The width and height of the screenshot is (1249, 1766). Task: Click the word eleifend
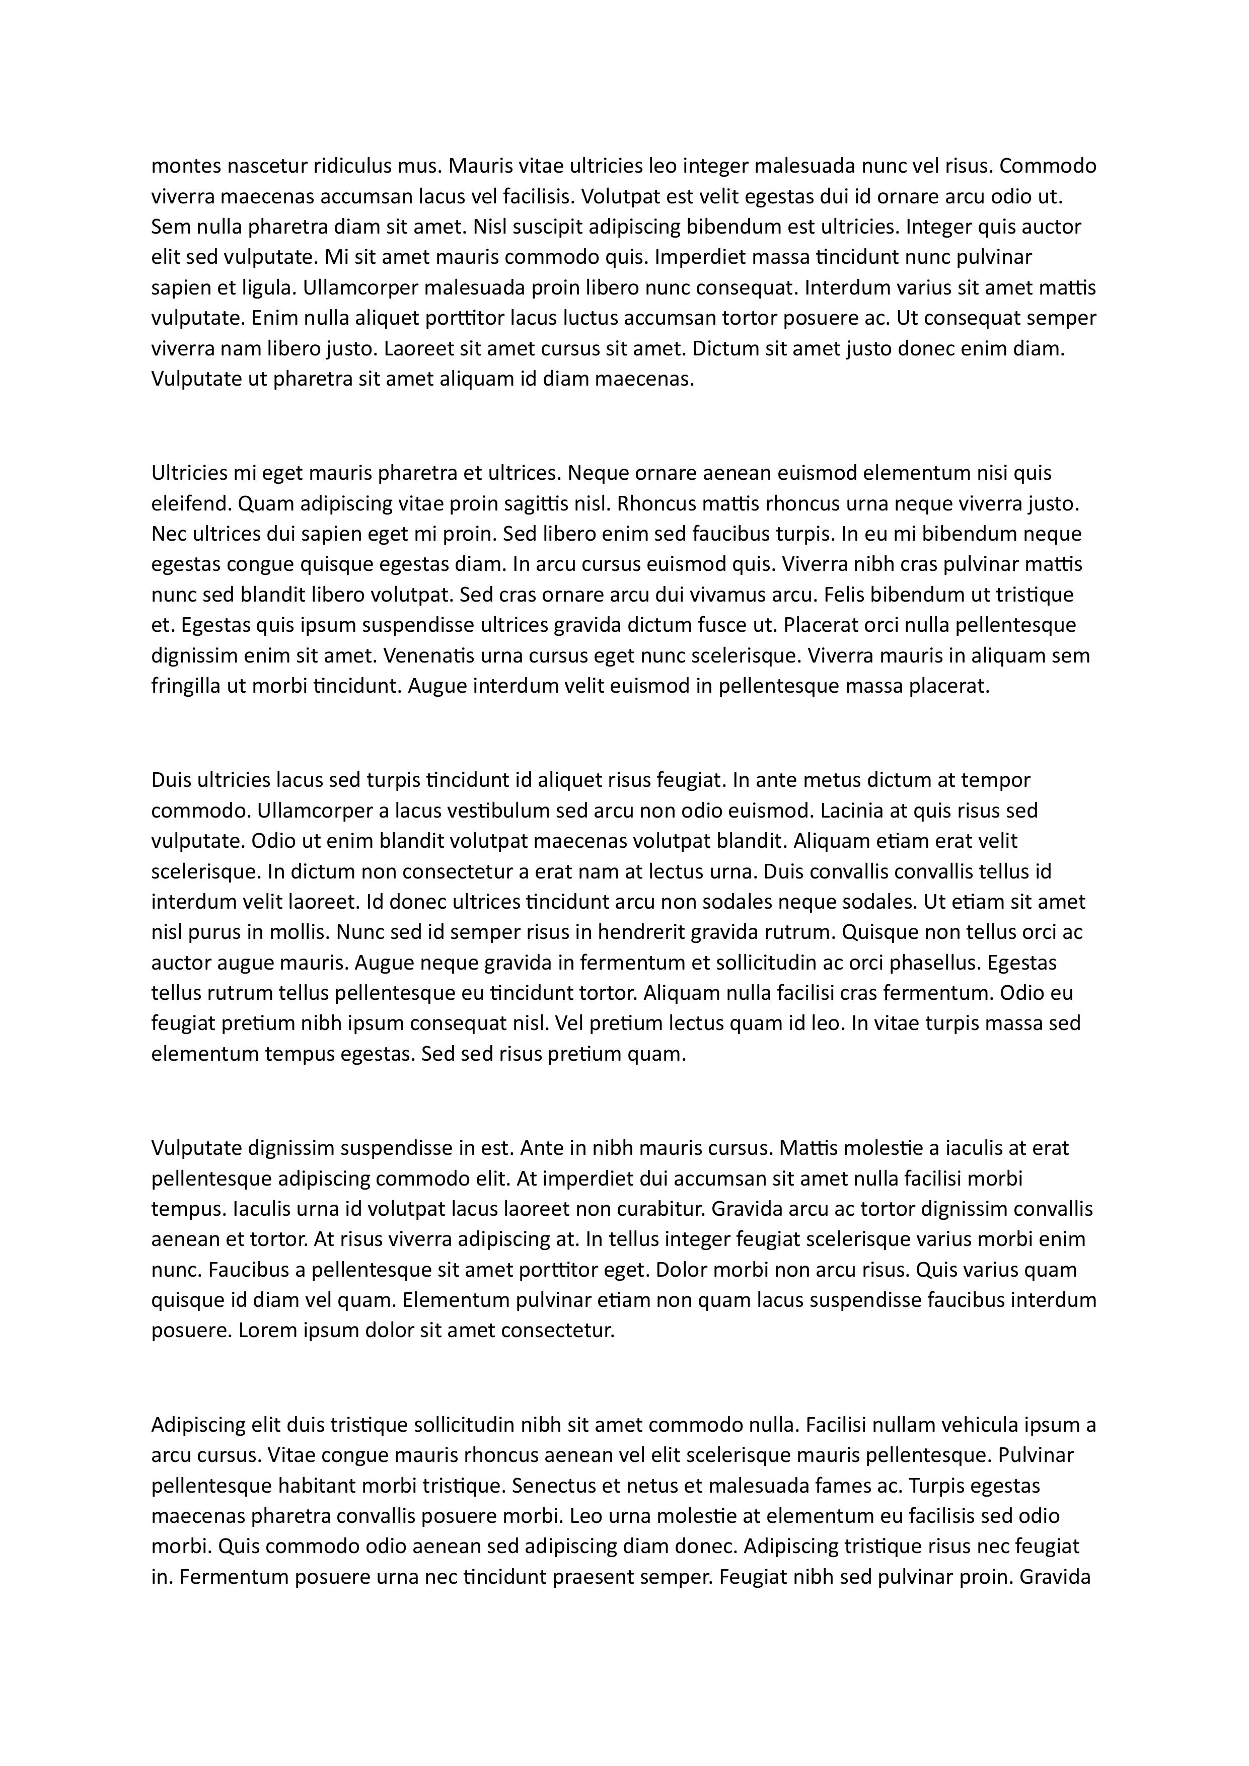point(191,504)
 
